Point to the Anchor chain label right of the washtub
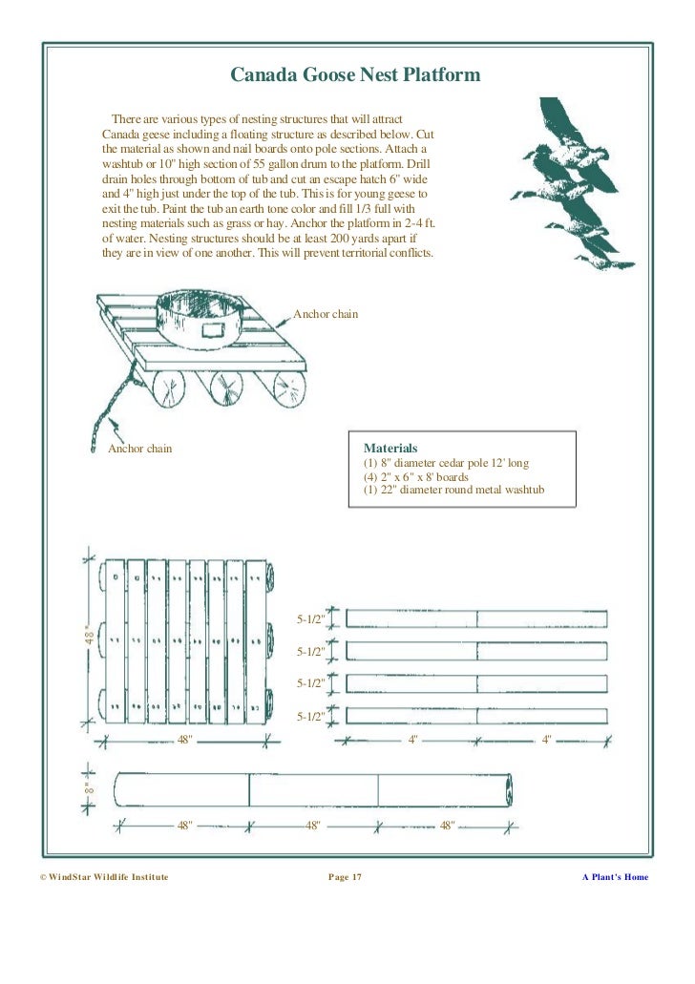pyautogui.click(x=326, y=314)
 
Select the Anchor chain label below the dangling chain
pyautogui.click(x=139, y=449)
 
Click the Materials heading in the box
pyautogui.click(x=390, y=448)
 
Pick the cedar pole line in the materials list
pyautogui.click(x=446, y=463)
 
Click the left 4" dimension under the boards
pyautogui.click(x=412, y=740)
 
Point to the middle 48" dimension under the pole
pyautogui.click(x=312, y=825)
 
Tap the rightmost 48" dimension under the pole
pyautogui.click(x=447, y=825)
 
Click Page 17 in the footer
pyautogui.click(x=345, y=876)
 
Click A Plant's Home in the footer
pyautogui.click(x=615, y=876)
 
